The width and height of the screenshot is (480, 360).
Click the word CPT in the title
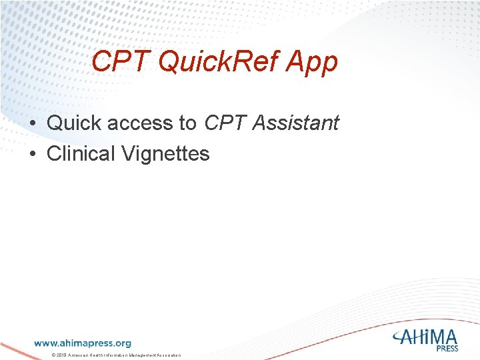(x=114, y=62)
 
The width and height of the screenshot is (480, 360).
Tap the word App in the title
(x=312, y=62)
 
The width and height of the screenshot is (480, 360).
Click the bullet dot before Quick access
(x=32, y=124)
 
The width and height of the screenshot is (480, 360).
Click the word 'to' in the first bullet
(x=187, y=123)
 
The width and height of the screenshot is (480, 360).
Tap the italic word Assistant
(x=294, y=123)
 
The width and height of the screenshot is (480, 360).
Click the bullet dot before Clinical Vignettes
(x=32, y=155)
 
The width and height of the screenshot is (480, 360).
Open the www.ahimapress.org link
(x=83, y=343)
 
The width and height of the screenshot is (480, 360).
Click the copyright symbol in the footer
(x=53, y=355)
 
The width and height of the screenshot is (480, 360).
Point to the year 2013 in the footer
(x=61, y=355)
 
